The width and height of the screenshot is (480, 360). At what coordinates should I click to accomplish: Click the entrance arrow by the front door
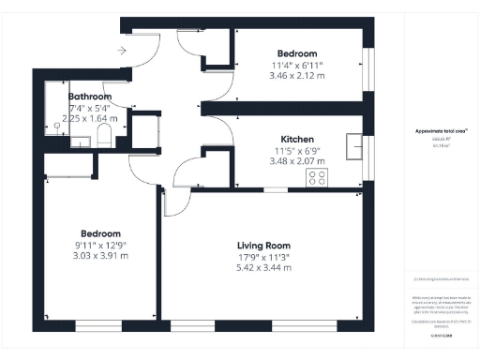click(123, 51)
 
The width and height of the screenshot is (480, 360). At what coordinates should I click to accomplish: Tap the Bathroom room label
click(90, 97)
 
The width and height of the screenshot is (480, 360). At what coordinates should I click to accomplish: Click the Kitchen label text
click(296, 139)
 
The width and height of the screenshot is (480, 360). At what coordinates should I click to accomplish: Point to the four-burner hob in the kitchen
click(316, 176)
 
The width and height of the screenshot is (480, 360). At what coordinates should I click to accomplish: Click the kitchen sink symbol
click(354, 147)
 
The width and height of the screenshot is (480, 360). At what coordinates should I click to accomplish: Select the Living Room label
click(262, 245)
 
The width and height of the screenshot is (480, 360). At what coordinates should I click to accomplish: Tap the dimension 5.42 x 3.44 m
click(262, 267)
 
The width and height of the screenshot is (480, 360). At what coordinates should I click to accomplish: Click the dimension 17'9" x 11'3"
click(262, 256)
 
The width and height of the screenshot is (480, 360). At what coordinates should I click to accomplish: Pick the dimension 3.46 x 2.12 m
click(296, 76)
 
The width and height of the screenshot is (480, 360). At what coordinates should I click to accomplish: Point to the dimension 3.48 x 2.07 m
click(296, 161)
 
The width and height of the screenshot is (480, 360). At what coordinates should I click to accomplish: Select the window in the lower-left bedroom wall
click(99, 325)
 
